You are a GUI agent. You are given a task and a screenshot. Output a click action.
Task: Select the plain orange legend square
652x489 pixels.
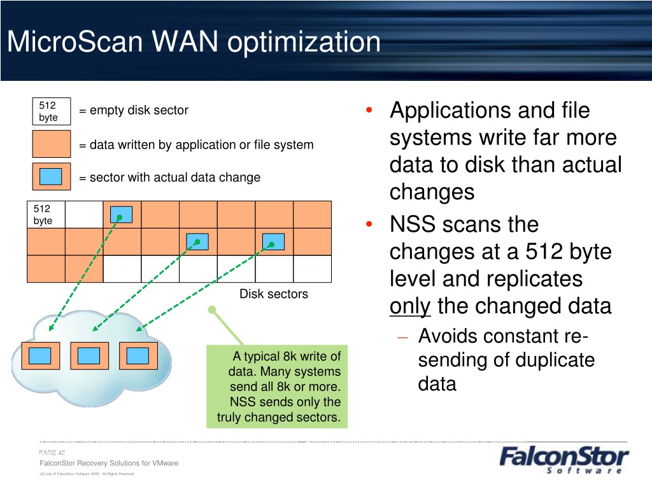point(51,144)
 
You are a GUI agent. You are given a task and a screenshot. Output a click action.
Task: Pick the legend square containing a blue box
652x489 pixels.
point(51,176)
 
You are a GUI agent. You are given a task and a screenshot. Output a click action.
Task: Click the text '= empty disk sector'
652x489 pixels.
point(134,110)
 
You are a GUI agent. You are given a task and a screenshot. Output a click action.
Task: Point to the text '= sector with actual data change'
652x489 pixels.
point(169,178)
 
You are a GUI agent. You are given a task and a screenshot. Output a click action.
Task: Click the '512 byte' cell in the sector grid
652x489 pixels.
point(46,215)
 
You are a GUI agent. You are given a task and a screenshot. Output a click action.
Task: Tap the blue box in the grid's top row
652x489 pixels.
point(122,215)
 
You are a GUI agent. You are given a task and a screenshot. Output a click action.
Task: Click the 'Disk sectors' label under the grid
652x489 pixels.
point(273,294)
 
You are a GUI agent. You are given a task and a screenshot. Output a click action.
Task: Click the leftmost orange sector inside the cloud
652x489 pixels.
point(40,356)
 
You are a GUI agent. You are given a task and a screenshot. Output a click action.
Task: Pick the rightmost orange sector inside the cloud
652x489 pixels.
point(138,356)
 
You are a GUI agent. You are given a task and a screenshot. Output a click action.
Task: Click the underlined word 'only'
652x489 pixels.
point(410,307)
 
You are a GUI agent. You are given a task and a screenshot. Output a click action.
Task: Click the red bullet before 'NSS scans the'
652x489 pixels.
point(369,225)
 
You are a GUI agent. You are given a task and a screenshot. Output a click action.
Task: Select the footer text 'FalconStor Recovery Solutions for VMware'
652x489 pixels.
point(109,463)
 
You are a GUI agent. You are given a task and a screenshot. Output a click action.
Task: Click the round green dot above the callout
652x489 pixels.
point(212,310)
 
